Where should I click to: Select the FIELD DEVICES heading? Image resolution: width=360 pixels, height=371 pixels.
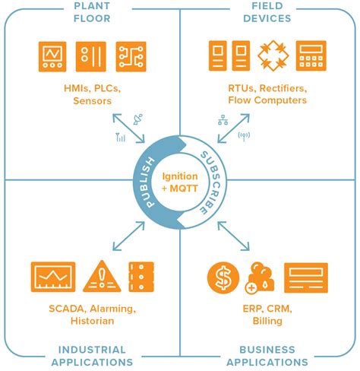(x=267, y=12)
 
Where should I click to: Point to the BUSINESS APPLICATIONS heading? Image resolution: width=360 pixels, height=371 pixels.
(x=267, y=356)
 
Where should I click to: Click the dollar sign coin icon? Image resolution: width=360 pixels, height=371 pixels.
(x=223, y=278)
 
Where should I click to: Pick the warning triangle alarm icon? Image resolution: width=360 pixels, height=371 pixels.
(x=100, y=277)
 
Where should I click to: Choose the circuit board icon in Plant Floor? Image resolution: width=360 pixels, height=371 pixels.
(x=131, y=56)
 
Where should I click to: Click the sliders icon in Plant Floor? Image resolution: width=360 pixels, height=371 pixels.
(x=93, y=56)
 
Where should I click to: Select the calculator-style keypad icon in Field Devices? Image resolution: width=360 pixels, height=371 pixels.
(x=311, y=56)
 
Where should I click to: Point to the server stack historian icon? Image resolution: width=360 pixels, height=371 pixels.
(x=141, y=277)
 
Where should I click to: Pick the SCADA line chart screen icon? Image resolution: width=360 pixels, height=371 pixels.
(x=53, y=277)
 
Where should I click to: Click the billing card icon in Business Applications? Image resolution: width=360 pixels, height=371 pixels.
(x=306, y=277)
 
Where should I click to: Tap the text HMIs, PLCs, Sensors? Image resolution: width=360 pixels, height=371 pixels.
(x=91, y=94)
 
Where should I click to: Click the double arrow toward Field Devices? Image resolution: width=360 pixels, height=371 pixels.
(x=232, y=128)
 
